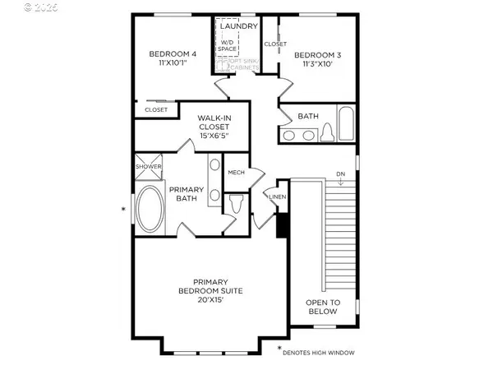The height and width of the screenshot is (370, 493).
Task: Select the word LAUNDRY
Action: click(x=238, y=25)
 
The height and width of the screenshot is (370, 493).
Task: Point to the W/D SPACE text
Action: click(x=227, y=46)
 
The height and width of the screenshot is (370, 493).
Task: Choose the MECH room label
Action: click(x=237, y=172)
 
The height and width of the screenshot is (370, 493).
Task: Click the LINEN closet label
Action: click(x=277, y=197)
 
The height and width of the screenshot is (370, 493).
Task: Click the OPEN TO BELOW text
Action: click(x=322, y=306)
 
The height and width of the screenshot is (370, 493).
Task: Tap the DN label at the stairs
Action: click(x=340, y=173)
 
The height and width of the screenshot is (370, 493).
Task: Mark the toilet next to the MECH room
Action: click(x=237, y=202)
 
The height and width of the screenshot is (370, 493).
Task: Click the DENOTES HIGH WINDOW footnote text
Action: click(x=318, y=353)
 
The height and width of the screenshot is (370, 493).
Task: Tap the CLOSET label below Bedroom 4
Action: click(x=156, y=109)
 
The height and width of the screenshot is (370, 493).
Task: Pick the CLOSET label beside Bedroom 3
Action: click(x=274, y=44)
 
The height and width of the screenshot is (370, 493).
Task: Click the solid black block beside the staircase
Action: click(x=282, y=224)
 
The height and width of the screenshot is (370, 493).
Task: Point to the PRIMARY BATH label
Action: click(x=186, y=194)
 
